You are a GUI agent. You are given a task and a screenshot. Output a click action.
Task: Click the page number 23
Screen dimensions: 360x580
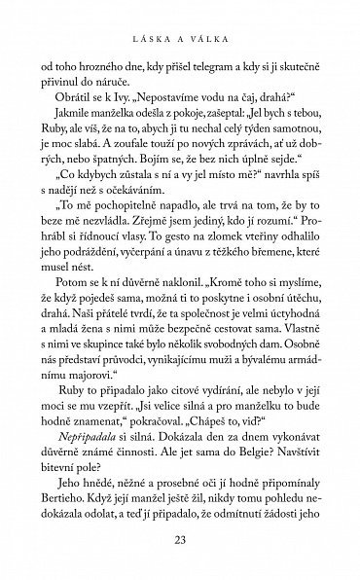click(180, 540)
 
